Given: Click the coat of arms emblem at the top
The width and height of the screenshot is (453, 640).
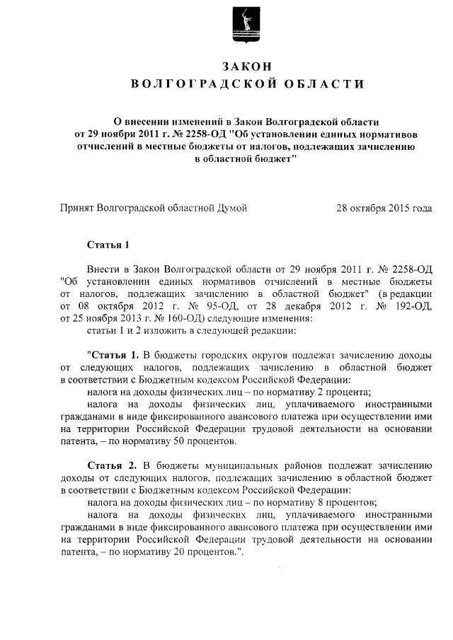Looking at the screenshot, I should [x=226, y=28].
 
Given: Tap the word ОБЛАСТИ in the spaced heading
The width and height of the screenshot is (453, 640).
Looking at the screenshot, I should [x=319, y=85].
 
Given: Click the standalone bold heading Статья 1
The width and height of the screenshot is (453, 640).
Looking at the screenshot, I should [x=109, y=245].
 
